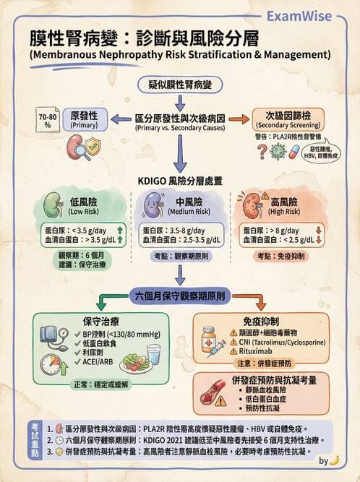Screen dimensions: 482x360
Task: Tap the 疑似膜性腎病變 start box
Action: pyautogui.click(x=180, y=85)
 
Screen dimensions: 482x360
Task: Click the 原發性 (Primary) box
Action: pyautogui.click(x=85, y=119)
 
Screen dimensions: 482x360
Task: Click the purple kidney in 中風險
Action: pyautogui.click(x=150, y=207)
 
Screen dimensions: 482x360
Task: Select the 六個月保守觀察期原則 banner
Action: pyautogui.click(x=180, y=296)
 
